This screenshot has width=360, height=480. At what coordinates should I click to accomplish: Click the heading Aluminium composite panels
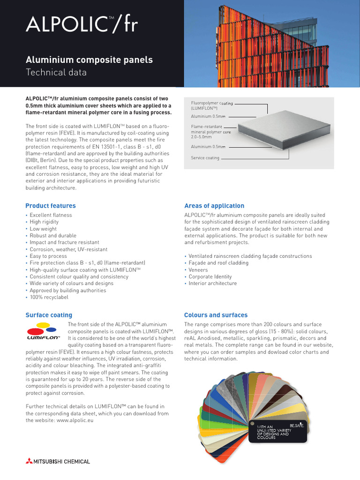[89, 60]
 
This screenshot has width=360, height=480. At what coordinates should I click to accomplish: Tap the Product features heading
[50, 206]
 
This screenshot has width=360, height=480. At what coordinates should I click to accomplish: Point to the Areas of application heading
[214, 206]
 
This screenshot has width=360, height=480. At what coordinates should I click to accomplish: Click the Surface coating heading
[49, 315]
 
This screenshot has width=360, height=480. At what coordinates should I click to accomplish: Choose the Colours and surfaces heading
[216, 315]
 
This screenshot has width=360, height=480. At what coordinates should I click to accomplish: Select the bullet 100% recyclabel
[49, 297]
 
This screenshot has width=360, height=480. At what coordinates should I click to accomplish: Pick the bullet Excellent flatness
[51, 215]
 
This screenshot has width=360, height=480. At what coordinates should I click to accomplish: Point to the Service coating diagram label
[205, 158]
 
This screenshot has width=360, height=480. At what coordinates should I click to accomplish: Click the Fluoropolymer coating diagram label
[211, 105]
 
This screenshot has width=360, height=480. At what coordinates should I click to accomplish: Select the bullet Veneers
[199, 270]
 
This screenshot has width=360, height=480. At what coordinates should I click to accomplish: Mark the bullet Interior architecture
[212, 283]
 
